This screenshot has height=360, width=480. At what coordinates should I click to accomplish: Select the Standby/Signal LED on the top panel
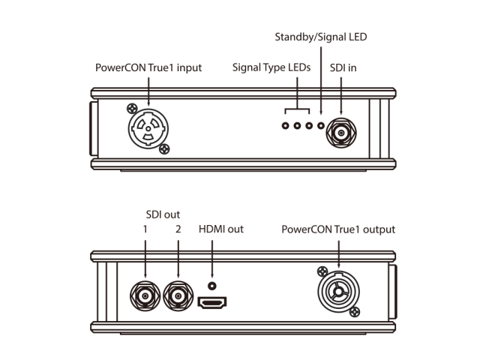tap(322, 124)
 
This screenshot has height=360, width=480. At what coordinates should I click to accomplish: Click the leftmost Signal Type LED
tap(286, 124)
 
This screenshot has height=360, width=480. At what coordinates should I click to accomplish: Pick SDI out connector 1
tap(144, 296)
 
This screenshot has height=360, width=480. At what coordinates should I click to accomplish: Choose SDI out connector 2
tap(178, 296)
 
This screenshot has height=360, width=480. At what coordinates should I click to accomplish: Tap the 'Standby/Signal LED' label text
tap(321, 36)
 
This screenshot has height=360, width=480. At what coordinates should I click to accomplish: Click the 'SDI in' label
tap(343, 67)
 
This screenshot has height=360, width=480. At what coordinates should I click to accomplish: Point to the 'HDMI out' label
tap(220, 229)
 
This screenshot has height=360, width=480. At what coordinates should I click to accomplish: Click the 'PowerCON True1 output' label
tap(337, 229)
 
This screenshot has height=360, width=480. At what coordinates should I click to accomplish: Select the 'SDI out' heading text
tap(162, 214)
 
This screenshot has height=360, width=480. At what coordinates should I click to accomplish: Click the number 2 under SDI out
tap(178, 229)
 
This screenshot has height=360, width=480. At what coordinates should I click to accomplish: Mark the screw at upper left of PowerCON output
tap(321, 270)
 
